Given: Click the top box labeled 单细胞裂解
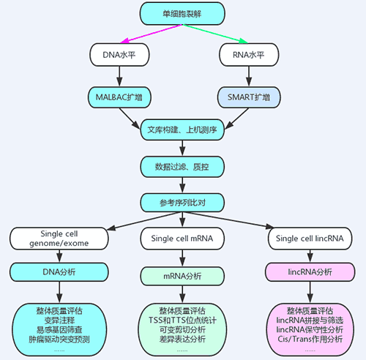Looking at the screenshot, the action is [x=182, y=14].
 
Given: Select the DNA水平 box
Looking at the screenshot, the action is [x=119, y=55].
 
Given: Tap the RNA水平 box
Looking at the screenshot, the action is [x=249, y=55].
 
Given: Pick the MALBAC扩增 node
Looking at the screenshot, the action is [x=119, y=97].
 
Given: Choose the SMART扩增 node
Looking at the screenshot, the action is [x=249, y=97].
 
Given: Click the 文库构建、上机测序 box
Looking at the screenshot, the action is [x=182, y=130].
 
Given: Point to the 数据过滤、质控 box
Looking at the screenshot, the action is [x=182, y=167].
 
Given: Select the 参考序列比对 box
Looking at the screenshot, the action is [x=182, y=203].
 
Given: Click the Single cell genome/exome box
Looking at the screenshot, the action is [x=59, y=239].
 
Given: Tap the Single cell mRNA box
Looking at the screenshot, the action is [x=182, y=239].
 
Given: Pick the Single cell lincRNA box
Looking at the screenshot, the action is [x=310, y=239].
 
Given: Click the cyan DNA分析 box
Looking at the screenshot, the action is [x=59, y=272].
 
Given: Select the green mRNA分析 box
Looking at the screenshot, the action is [x=182, y=276].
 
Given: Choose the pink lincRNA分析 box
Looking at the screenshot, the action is [x=310, y=272].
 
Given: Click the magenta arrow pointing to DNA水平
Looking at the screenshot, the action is [x=152, y=34].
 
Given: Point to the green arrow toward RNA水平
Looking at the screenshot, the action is [x=215, y=34].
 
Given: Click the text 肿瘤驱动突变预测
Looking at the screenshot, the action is [x=59, y=340].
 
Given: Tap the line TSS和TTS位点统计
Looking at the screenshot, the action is [x=182, y=320].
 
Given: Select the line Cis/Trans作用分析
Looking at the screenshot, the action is [x=310, y=339].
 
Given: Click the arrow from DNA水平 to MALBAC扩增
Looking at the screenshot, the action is [x=119, y=76].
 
